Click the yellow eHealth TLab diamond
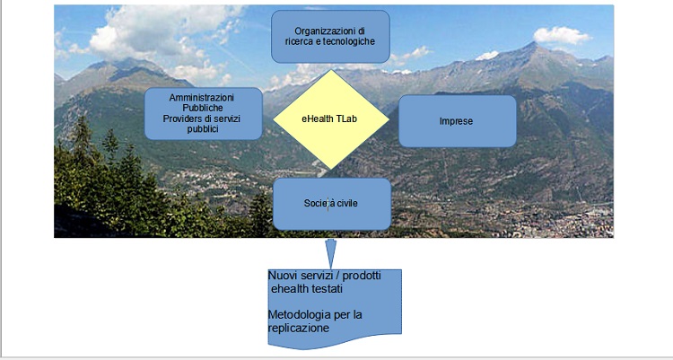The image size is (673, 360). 331,119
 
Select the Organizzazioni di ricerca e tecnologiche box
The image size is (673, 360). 330,37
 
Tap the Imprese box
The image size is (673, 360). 458,121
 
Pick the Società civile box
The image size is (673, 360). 332,204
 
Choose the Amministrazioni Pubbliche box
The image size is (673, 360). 204,113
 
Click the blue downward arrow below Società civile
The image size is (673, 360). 331,253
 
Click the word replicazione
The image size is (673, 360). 299,329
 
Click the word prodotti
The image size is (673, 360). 362,276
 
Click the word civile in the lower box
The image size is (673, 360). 346,203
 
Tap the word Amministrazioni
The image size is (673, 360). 202,98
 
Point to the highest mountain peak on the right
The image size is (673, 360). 533,42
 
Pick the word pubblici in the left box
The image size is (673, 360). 203,129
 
